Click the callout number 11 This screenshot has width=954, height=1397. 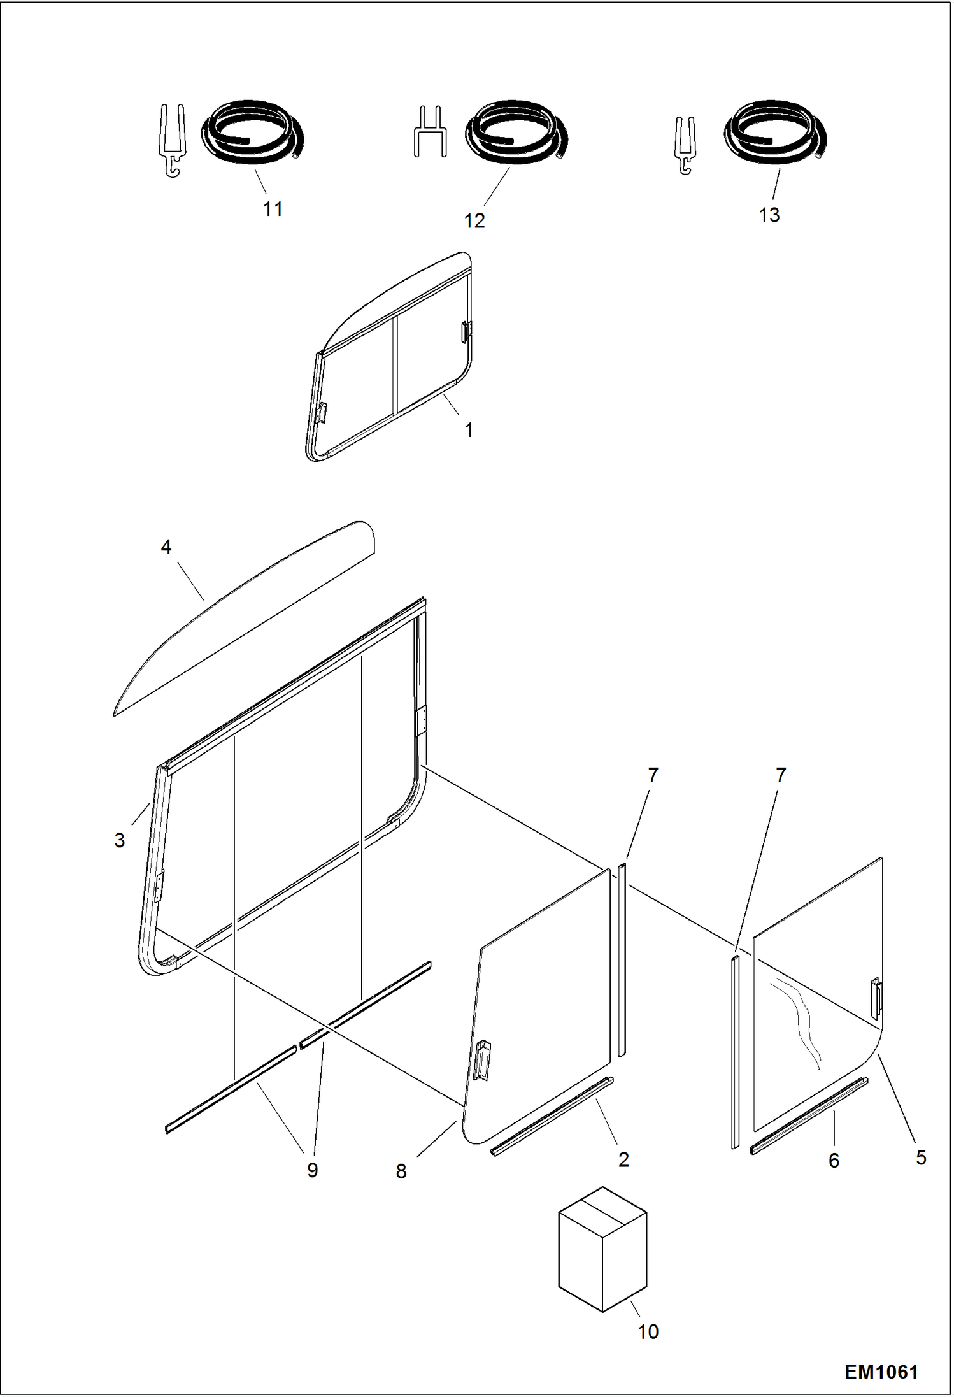click(x=273, y=209)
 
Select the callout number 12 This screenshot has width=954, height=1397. click(x=474, y=220)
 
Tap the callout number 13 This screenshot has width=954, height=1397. click(x=769, y=215)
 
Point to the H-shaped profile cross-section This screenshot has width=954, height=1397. click(x=430, y=133)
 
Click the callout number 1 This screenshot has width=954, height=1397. click(x=469, y=431)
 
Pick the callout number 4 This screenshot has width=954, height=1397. click(x=166, y=547)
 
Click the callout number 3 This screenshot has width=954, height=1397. click(x=120, y=841)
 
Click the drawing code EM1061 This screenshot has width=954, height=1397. click(x=881, y=1372)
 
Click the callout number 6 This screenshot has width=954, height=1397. click(x=834, y=1161)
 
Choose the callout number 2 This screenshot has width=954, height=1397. click(x=623, y=1159)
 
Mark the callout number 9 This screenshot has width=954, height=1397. click(x=312, y=1170)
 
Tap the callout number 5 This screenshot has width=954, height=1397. click(x=921, y=1157)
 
